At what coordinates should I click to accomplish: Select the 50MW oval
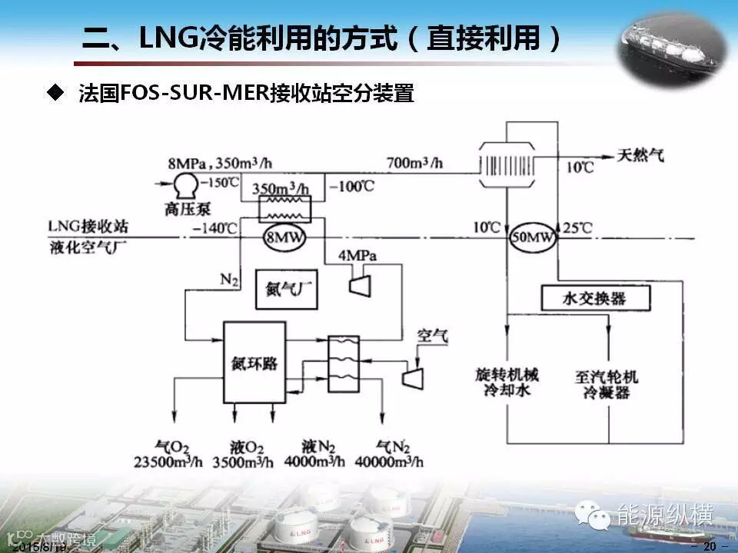(533, 239)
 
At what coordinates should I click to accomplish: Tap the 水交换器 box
(595, 298)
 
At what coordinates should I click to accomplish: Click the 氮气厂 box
(287, 293)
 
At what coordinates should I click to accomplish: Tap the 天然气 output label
(641, 156)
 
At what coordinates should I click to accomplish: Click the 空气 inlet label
(432, 336)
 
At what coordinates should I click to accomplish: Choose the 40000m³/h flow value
(391, 462)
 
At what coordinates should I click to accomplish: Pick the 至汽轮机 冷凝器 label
(607, 385)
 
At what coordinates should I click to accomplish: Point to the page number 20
(710, 546)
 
